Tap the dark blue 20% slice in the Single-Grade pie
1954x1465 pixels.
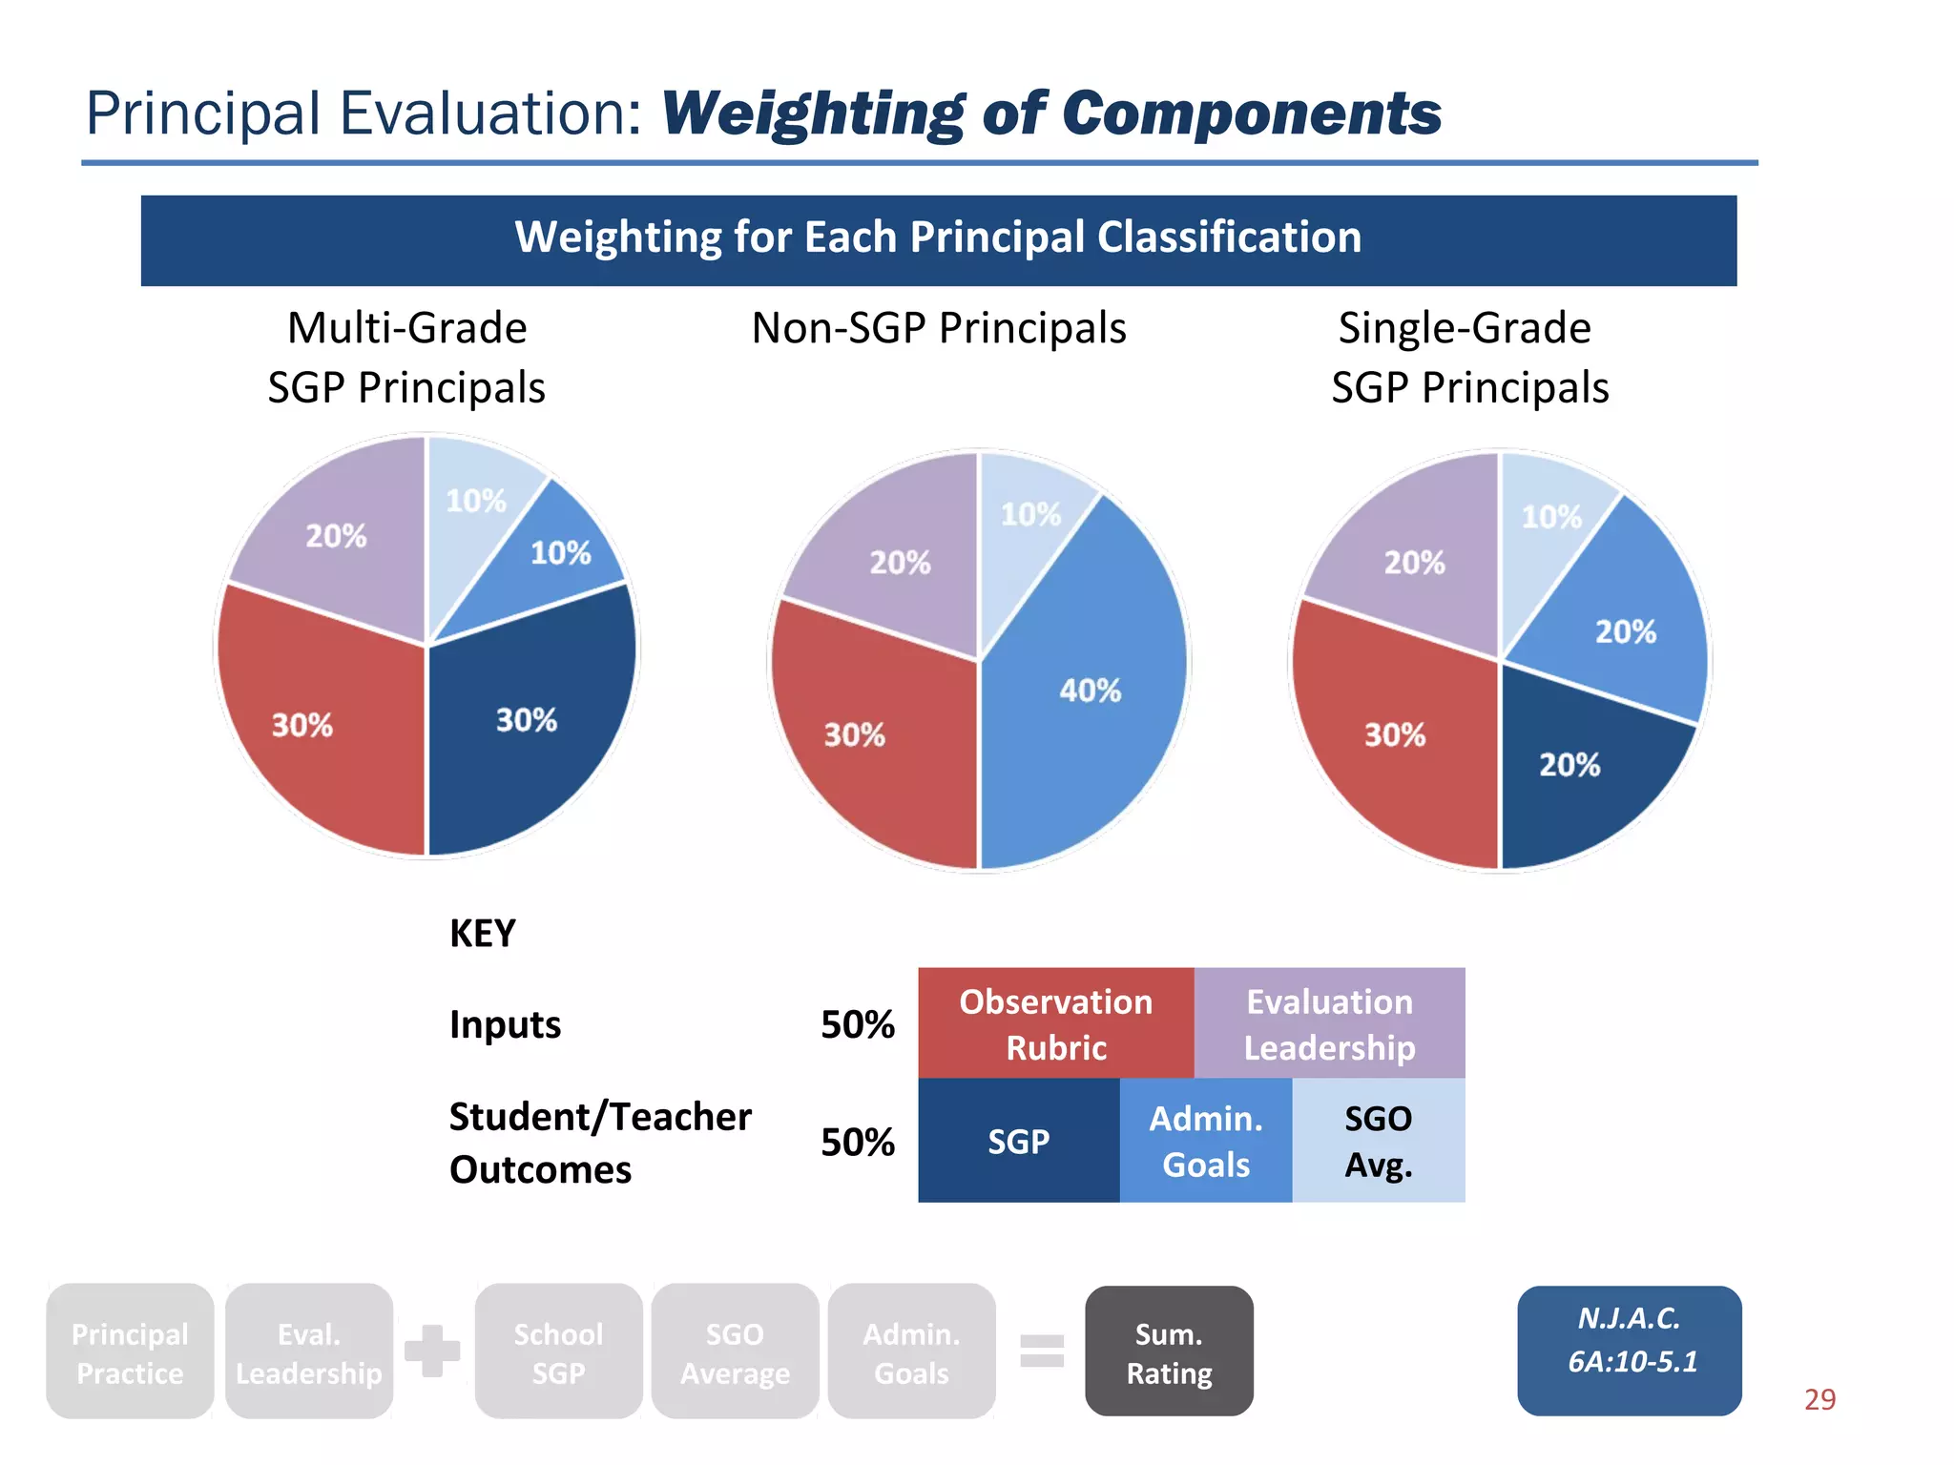click(x=1574, y=773)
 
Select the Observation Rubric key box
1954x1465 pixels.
click(x=1055, y=1023)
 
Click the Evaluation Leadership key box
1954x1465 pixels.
click(x=1329, y=1023)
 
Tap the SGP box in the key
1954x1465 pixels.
click(x=1018, y=1141)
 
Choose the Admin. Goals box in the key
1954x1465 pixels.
click(x=1205, y=1141)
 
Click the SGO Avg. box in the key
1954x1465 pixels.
click(x=1378, y=1141)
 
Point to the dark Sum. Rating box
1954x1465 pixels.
click(x=1169, y=1352)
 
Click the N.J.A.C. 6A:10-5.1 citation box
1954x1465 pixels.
click(x=1629, y=1350)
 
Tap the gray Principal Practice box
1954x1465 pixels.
click(x=130, y=1352)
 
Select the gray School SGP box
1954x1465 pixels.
click(x=558, y=1352)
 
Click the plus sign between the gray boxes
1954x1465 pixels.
click(x=432, y=1351)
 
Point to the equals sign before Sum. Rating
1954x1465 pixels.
click(x=1041, y=1351)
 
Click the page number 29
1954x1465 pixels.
click(x=1819, y=1399)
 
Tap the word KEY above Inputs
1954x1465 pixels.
click(x=482, y=933)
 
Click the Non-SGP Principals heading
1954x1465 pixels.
click(x=939, y=328)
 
